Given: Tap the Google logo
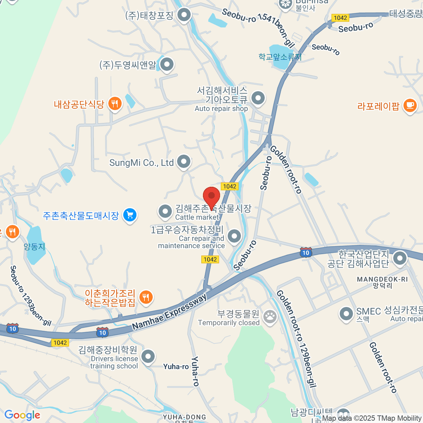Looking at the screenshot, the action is [x=22, y=415].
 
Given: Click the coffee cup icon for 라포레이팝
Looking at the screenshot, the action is [x=410, y=105].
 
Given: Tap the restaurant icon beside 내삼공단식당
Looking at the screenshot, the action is [x=115, y=104].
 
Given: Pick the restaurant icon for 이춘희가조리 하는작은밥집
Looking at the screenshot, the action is [x=146, y=297].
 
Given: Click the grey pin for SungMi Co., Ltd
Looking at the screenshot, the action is [x=184, y=162].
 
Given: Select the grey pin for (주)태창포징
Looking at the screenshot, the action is [x=184, y=15].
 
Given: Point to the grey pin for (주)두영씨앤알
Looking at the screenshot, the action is [x=167, y=65].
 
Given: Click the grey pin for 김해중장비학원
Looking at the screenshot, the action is [x=148, y=356].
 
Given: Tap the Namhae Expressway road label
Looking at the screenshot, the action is [x=170, y=312].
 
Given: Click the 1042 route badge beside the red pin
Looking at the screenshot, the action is [x=229, y=186].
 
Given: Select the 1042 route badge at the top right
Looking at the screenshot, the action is [x=340, y=18].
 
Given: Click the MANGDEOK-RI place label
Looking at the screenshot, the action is [x=382, y=279].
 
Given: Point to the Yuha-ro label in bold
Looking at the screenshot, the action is [x=176, y=367].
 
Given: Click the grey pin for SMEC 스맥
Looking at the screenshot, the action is [x=346, y=313].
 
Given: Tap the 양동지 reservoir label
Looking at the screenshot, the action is [x=35, y=247].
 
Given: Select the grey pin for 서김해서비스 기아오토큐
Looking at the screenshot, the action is [x=258, y=98].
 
